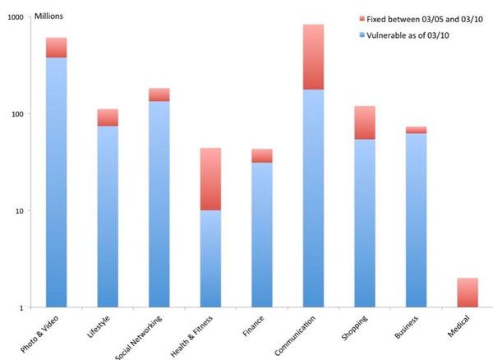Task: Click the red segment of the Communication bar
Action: [x=313, y=57]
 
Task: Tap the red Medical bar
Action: [x=467, y=293]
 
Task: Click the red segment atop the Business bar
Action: [x=416, y=130]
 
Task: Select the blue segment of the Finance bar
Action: [x=262, y=234]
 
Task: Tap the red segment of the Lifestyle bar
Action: [x=108, y=118]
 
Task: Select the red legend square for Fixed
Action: [x=364, y=17]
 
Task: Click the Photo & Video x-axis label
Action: [x=45, y=335]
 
